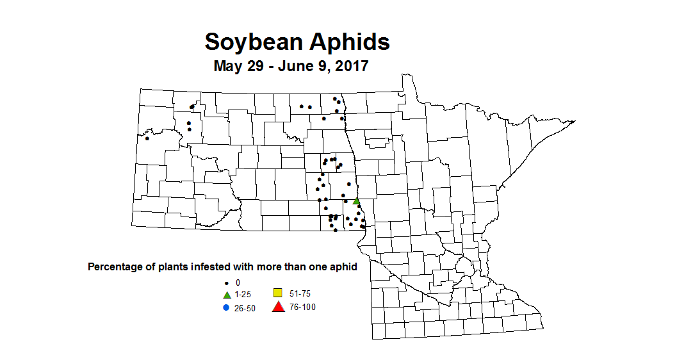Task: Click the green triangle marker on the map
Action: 356,201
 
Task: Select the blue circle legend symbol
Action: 226,307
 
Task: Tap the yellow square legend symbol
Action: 278,293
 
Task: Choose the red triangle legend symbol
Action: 278,307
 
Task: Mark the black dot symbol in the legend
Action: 226,282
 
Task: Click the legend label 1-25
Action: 243,295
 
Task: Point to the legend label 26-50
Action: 245,307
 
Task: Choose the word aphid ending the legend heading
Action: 343,266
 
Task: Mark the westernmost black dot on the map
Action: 147,138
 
